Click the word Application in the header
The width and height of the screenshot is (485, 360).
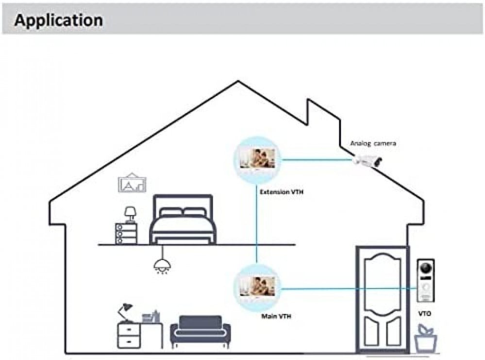click(x=58, y=20)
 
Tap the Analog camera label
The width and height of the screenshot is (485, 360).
click(x=373, y=144)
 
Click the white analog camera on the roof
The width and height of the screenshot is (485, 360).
click(x=368, y=161)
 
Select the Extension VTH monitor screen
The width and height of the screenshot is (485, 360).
click(x=258, y=159)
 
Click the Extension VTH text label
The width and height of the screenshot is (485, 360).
click(x=282, y=192)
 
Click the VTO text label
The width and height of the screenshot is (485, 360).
click(x=424, y=314)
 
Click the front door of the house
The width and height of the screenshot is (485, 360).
click(x=381, y=298)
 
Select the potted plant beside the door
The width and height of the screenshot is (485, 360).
click(x=425, y=338)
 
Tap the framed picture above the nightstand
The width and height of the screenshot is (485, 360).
click(x=132, y=184)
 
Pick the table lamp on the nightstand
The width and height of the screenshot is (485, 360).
click(x=130, y=214)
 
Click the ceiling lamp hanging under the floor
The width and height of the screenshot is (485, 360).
click(x=161, y=264)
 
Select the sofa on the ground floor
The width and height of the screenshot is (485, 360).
click(x=201, y=329)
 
